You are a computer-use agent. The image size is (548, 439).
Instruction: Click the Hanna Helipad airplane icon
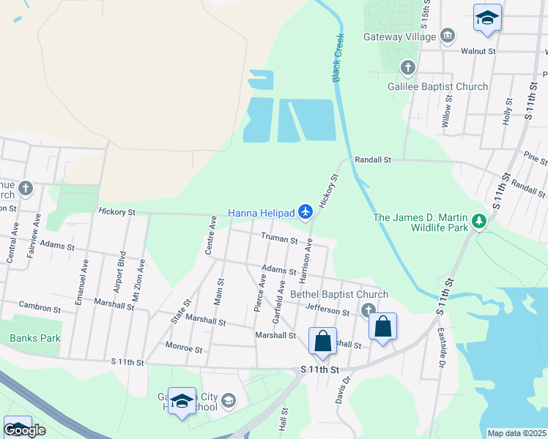tap(306, 213)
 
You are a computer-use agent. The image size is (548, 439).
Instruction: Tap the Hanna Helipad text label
tap(262, 213)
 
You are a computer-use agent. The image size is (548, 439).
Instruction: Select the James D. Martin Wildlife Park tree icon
tap(479, 220)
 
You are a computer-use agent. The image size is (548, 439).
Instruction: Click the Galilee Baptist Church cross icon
tap(408, 68)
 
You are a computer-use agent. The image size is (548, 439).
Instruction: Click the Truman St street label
tap(279, 239)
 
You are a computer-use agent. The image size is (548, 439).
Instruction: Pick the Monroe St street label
tap(184, 348)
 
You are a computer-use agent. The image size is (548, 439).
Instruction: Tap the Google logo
tap(24, 430)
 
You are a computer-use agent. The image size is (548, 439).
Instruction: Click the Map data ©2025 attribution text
tap(516, 433)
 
